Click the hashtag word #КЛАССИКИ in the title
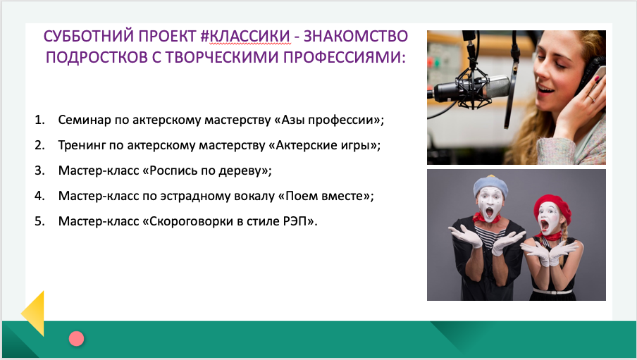pos(245,36)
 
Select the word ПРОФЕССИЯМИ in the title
pos(344,57)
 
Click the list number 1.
pos(39,120)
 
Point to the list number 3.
pos(39,170)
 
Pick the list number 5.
pos(39,221)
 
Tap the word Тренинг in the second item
pos(82,145)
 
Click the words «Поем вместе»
pos(323,196)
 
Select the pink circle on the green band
pos(76,338)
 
